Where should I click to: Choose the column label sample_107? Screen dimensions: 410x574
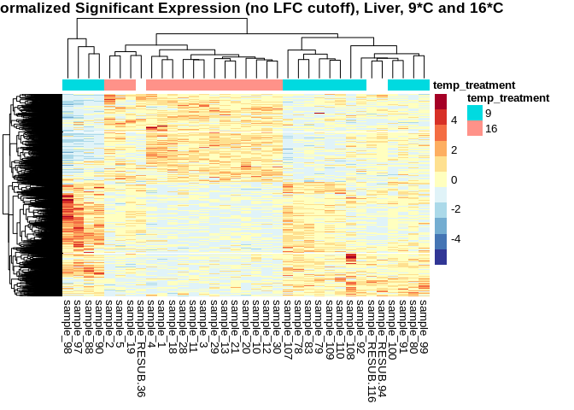tap(288, 324)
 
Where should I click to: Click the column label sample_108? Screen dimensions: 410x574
tap(350, 324)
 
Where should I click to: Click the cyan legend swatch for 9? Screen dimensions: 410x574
tap(474, 113)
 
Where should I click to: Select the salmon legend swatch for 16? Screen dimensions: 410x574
tap(474, 128)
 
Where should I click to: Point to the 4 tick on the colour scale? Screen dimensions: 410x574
tap(453, 120)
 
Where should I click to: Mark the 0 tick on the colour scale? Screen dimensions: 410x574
tap(453, 179)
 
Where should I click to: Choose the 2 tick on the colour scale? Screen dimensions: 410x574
tap(453, 149)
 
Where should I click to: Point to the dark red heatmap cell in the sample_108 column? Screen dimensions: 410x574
tap(350, 257)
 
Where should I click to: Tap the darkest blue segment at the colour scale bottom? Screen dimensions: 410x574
tap(441, 256)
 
